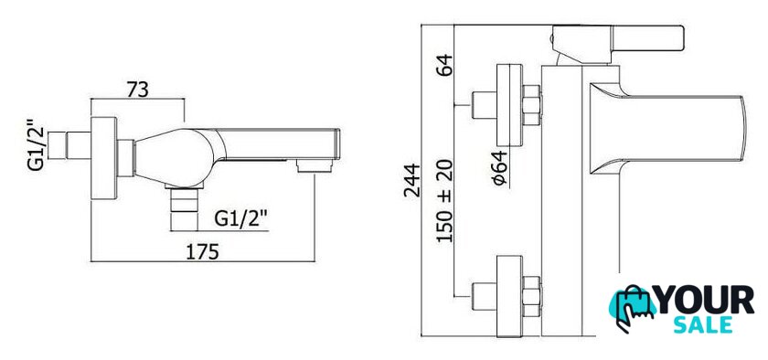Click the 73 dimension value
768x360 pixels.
138,90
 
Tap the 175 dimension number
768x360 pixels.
203,252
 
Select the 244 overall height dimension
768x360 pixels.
412,180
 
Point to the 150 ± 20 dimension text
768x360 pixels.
444,200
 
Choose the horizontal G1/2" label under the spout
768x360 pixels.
241,219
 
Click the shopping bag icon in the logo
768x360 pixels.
632,306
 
